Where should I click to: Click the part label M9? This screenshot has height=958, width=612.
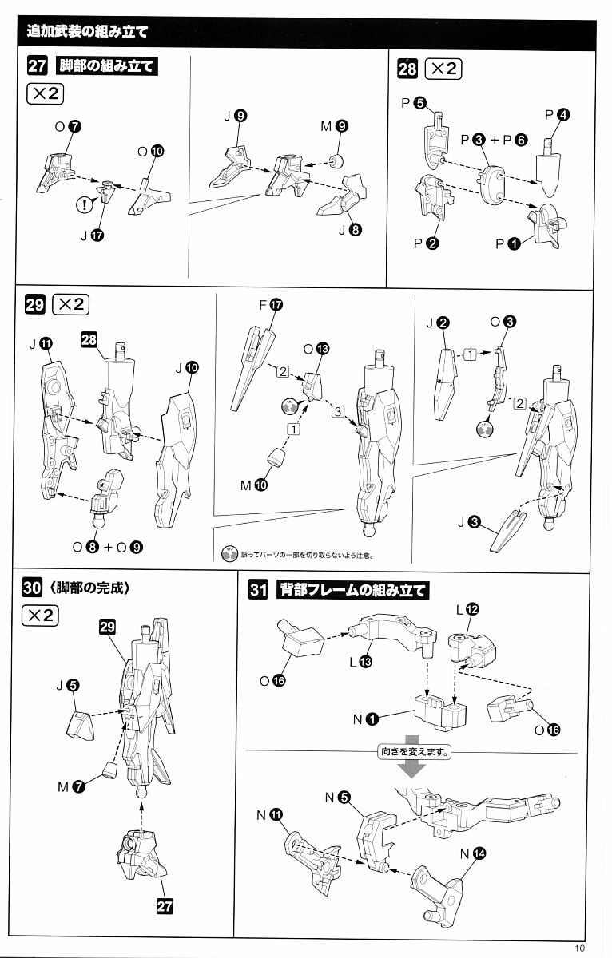(x=335, y=125)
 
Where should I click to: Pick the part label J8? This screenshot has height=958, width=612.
(x=349, y=230)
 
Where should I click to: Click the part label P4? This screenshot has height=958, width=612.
(x=556, y=115)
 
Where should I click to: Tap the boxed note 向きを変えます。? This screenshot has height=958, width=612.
(x=412, y=751)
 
